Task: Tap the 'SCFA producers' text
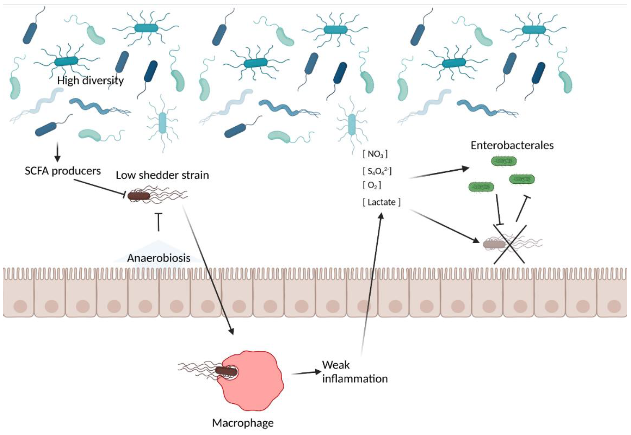(x=63, y=171)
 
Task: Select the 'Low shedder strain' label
(x=162, y=175)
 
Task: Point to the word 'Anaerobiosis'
(x=158, y=258)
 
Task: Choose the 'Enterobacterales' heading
(x=512, y=145)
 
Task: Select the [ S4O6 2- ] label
(x=377, y=171)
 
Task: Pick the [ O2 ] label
(x=372, y=185)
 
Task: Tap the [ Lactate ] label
(x=381, y=202)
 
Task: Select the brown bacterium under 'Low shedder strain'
(x=139, y=196)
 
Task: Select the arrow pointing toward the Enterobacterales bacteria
(x=439, y=173)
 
